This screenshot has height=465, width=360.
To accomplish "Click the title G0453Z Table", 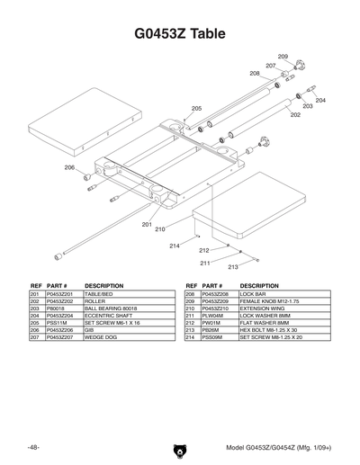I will [x=180, y=34].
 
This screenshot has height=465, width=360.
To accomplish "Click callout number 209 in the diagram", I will [x=282, y=56].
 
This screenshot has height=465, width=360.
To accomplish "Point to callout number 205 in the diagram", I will [x=196, y=108].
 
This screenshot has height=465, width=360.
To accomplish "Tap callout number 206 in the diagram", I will [x=69, y=167].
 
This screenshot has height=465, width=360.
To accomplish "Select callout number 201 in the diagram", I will [x=147, y=224].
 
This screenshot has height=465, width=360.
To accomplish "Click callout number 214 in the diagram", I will [x=174, y=246].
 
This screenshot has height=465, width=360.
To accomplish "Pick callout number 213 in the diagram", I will [x=232, y=267].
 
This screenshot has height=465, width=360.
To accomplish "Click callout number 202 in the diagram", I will [x=295, y=115].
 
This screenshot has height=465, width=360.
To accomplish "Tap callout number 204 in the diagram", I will [x=320, y=100].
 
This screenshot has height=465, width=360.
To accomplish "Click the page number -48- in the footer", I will [x=33, y=447].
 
